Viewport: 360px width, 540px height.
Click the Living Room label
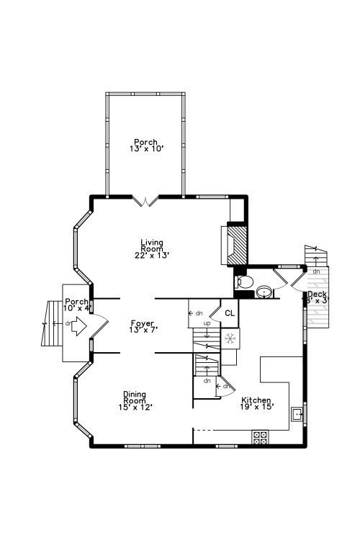(151, 246)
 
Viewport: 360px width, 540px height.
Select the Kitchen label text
(256, 400)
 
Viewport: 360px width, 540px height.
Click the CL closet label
(230, 313)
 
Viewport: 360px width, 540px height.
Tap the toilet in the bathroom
(243, 282)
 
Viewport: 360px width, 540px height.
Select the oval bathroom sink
(264, 291)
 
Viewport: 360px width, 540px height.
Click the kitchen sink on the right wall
(297, 414)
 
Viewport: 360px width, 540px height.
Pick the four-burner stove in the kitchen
(260, 436)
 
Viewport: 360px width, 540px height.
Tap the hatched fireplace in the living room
(237, 246)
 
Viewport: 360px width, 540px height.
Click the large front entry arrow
(77, 328)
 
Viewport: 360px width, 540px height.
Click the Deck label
(317, 294)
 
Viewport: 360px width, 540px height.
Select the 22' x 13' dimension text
(151, 255)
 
